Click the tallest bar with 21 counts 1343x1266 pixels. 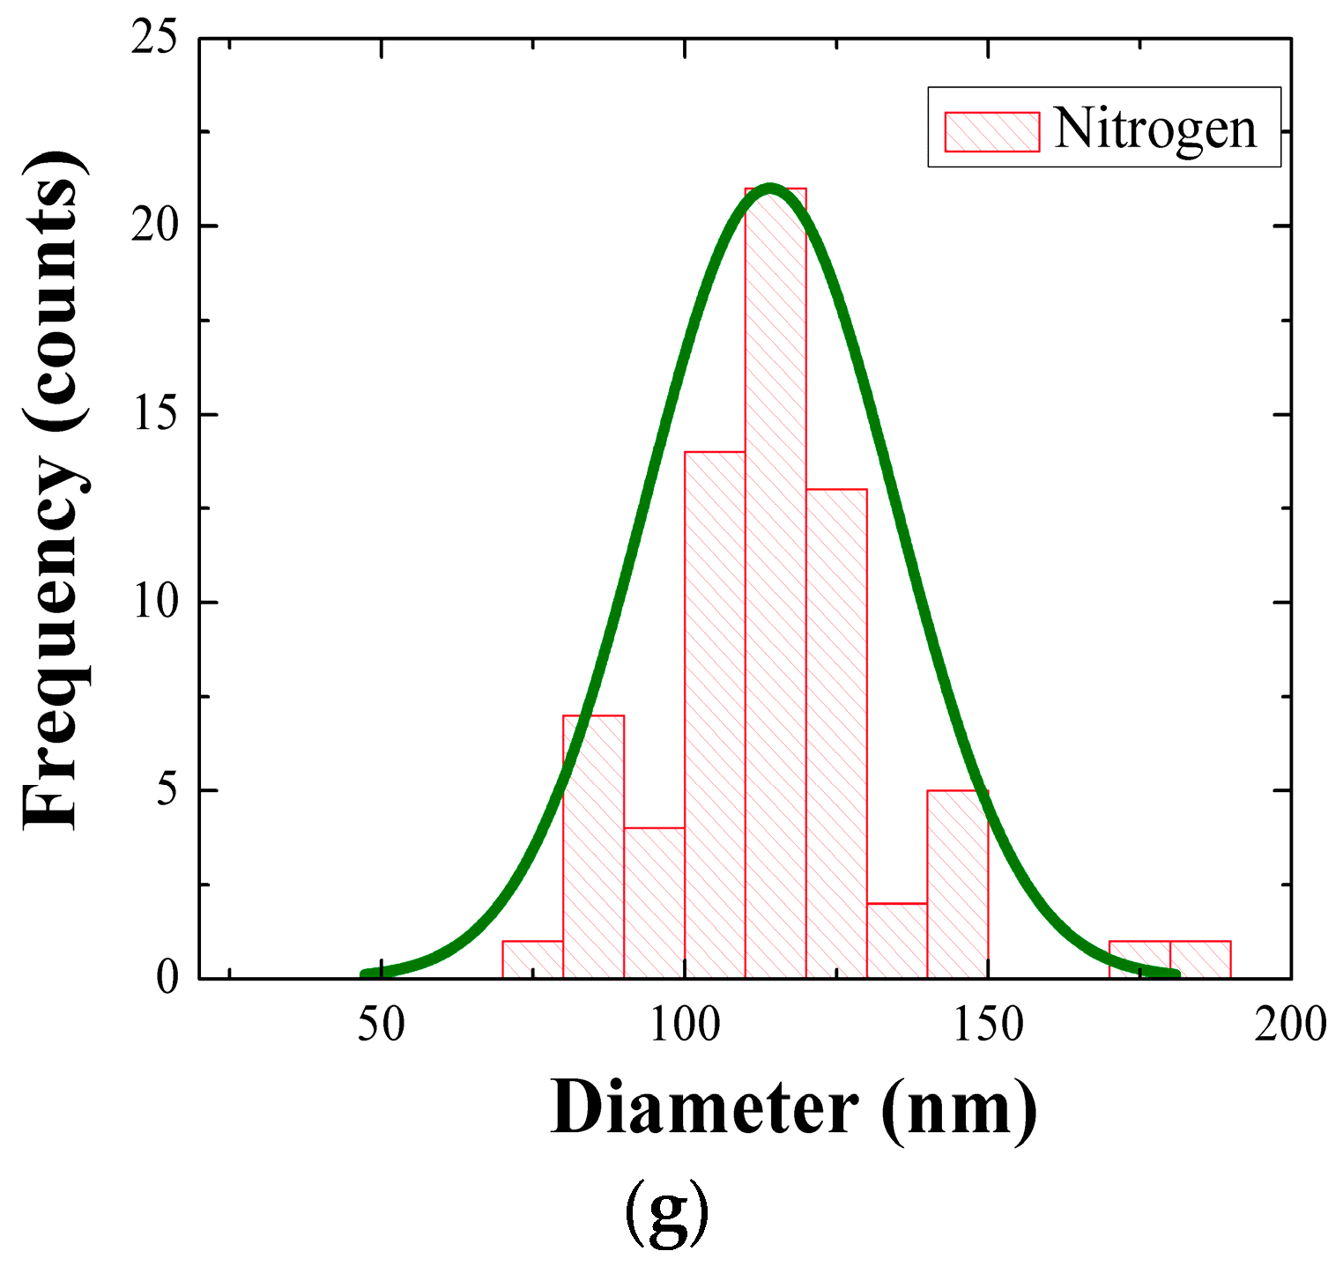point(775,581)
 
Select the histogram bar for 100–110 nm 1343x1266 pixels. point(715,714)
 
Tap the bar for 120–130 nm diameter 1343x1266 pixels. point(836,731)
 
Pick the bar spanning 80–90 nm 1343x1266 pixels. point(593,846)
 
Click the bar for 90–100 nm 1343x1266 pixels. point(654,903)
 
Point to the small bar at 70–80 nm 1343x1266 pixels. point(532,959)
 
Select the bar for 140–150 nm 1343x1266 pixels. point(957,884)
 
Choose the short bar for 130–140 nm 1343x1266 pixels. point(897,941)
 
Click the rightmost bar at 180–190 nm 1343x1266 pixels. point(1200,959)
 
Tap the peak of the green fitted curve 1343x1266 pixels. point(771,188)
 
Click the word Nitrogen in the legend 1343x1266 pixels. point(1154,129)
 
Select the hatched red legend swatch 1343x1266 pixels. point(991,131)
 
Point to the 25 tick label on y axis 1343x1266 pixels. point(154,39)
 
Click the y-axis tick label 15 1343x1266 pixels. point(154,415)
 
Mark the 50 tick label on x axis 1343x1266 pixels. point(382,1025)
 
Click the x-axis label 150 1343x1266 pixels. point(988,1025)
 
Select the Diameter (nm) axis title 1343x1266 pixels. point(793,1108)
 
